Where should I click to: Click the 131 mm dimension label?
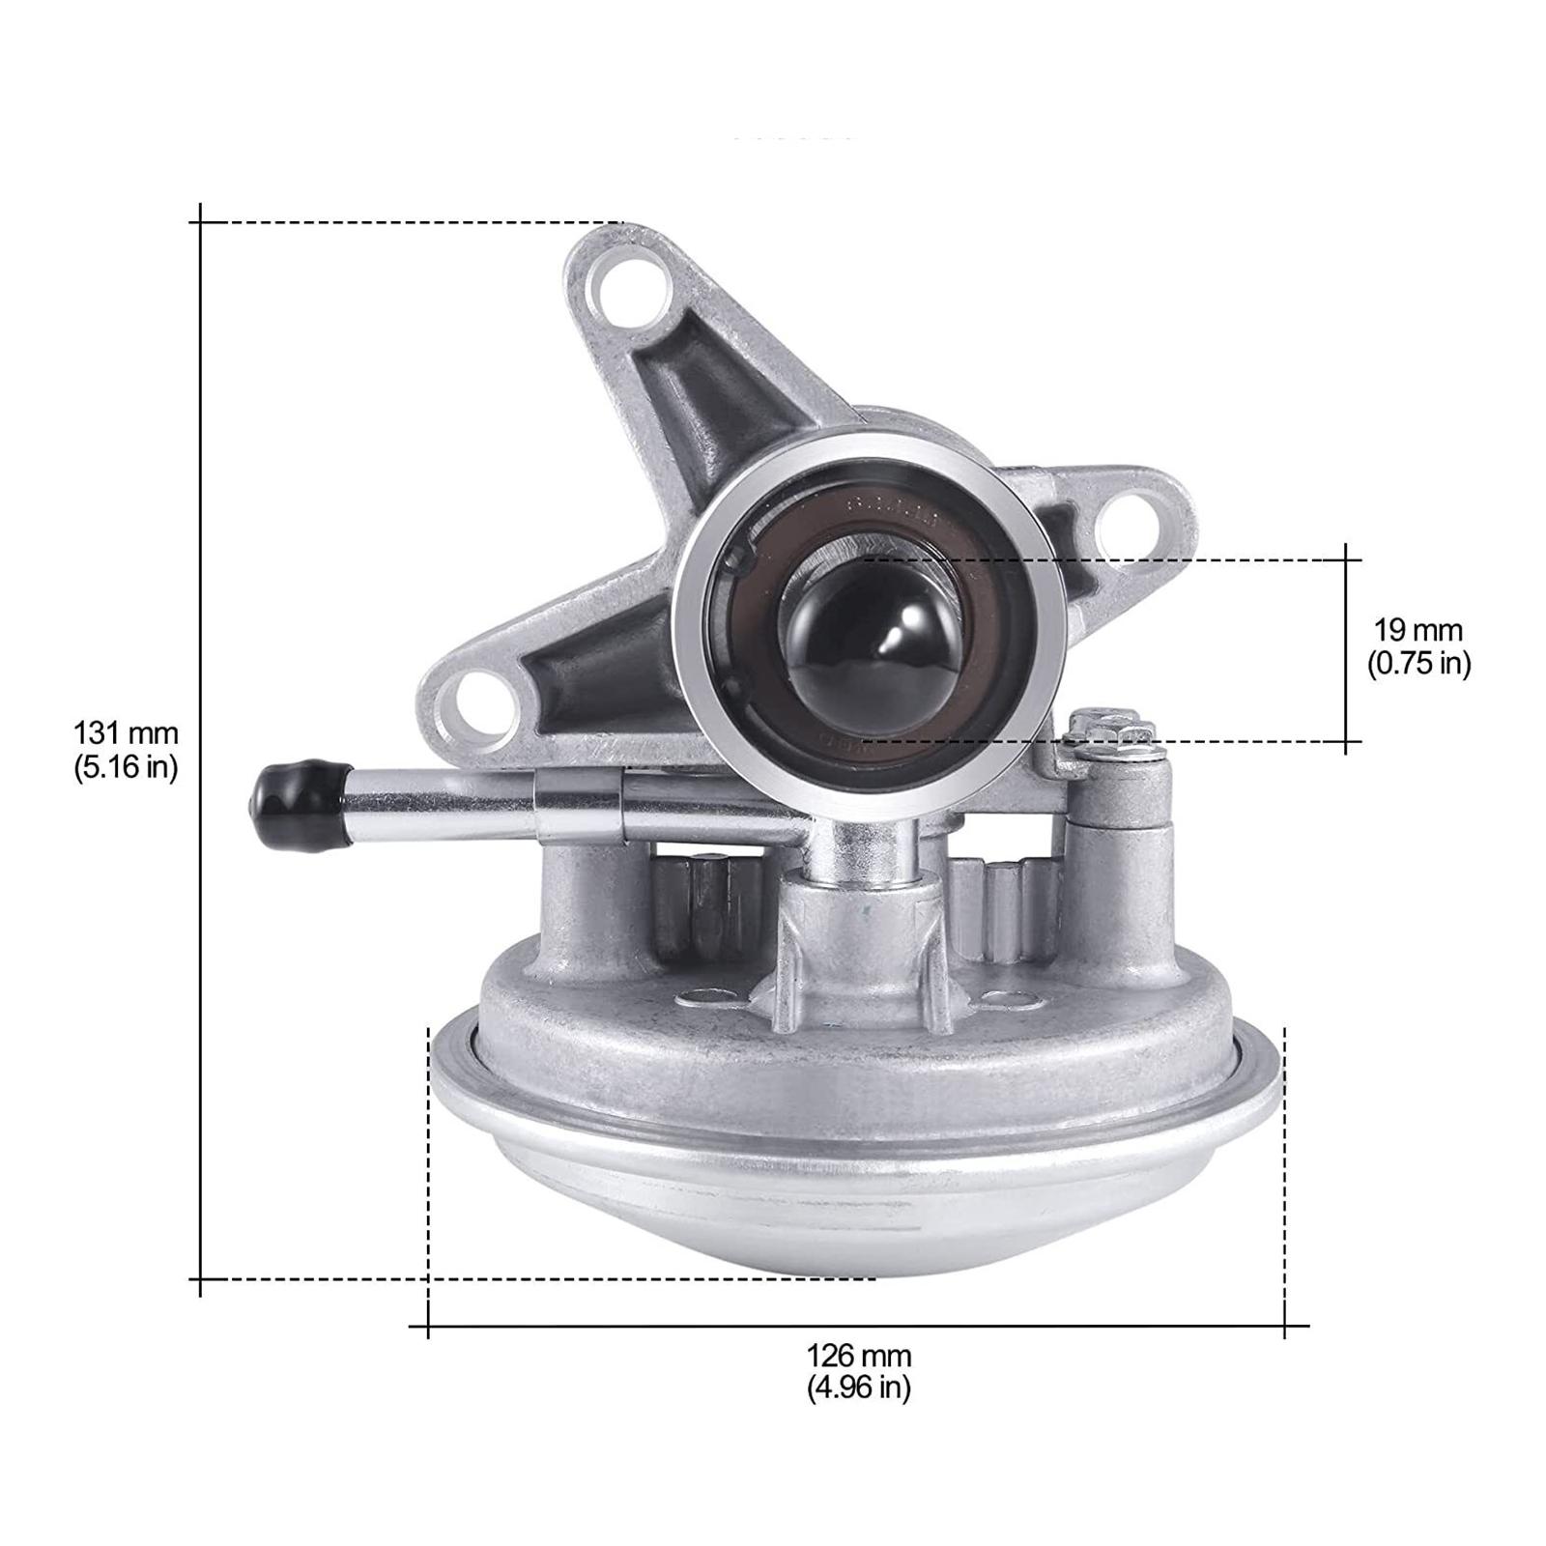126,733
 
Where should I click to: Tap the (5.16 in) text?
126,767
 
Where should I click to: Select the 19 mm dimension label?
1418,631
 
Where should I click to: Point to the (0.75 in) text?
1418,664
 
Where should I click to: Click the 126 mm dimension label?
859,1356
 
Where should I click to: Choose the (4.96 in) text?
859,1389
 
